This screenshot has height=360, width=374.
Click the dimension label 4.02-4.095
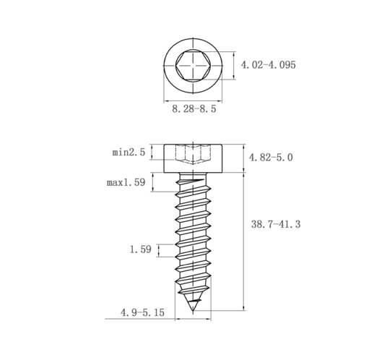(268, 65)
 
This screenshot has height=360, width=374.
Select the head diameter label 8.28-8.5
(194, 109)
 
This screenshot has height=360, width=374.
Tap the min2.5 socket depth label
(129, 153)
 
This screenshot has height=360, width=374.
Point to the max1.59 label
(126, 182)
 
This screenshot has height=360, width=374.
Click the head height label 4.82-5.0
(271, 158)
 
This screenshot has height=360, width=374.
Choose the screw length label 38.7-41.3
(276, 224)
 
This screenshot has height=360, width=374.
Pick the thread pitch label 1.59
(141, 249)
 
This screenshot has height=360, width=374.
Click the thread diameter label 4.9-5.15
(142, 312)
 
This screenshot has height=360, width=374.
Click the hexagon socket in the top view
(193, 65)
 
